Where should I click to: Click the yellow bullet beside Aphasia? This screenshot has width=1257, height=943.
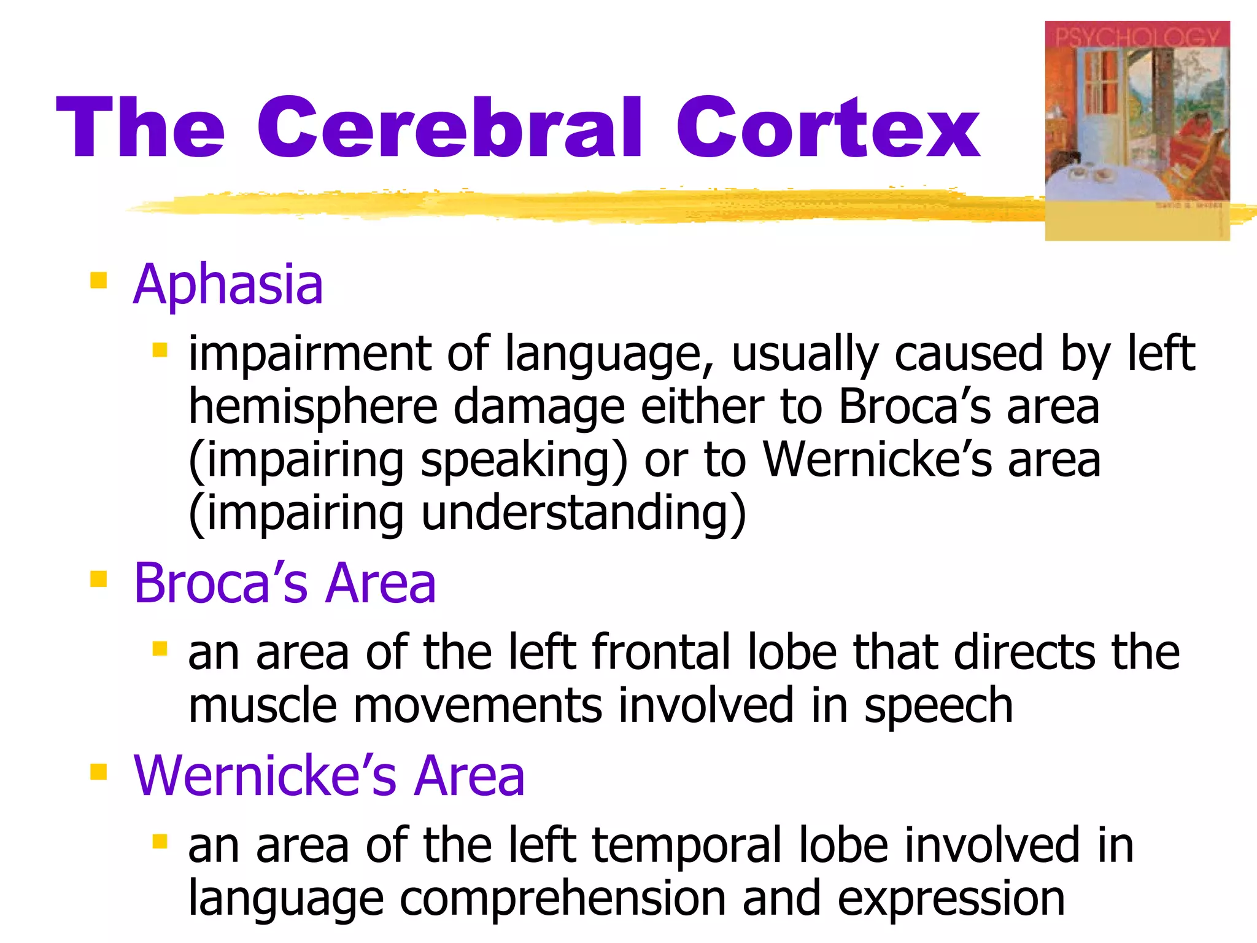pos(98,281)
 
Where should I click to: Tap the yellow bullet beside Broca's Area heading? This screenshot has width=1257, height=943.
pos(98,579)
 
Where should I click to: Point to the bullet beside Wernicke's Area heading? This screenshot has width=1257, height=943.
pos(98,772)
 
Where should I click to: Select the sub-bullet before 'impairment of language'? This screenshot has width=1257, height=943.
pos(160,351)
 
